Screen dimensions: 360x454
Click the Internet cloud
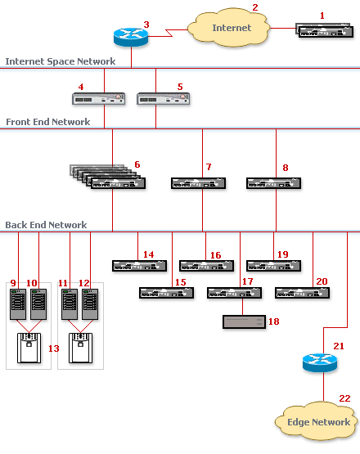[x=229, y=27]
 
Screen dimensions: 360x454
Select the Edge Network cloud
[x=317, y=421]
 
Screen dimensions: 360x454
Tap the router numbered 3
[x=131, y=37]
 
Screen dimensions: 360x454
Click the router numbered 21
[x=320, y=362]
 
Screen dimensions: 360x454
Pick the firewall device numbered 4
[x=98, y=99]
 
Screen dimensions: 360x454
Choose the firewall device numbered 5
[x=164, y=99]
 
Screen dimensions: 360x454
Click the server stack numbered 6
[x=108, y=177]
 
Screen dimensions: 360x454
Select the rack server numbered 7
[x=198, y=183]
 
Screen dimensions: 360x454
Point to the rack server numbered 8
[x=274, y=183]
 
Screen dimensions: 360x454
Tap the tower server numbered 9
[x=18, y=304]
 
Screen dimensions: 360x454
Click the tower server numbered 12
[x=90, y=304]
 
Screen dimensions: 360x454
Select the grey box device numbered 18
[x=244, y=322]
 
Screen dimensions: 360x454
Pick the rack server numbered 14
[x=140, y=266]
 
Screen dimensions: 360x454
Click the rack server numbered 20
[x=303, y=293]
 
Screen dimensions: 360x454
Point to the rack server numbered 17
[x=235, y=293]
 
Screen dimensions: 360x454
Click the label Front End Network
[x=48, y=122]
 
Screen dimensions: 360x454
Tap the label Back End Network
[x=46, y=225]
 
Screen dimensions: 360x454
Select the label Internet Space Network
[x=61, y=61]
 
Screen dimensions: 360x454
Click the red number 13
[x=54, y=348]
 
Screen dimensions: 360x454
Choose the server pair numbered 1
[x=325, y=31]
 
